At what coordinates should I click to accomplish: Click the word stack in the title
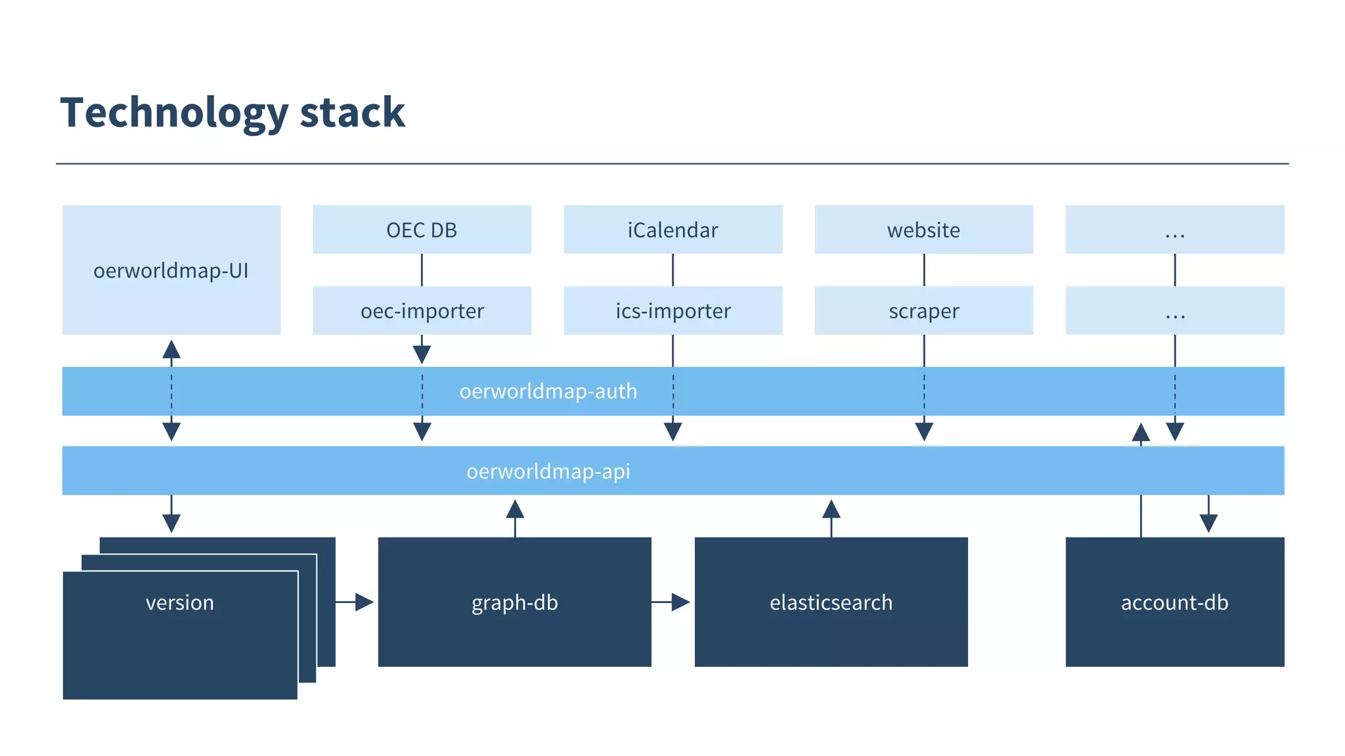pyautogui.click(x=352, y=112)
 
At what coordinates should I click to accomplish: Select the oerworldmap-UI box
pyautogui.click(x=171, y=270)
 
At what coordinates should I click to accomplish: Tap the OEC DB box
pyautogui.click(x=422, y=230)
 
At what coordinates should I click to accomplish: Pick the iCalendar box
pyautogui.click(x=672, y=230)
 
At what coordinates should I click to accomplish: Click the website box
pyautogui.click(x=923, y=230)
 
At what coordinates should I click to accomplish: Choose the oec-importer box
pyautogui.click(x=422, y=310)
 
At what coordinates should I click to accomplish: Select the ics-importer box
pyautogui.click(x=672, y=310)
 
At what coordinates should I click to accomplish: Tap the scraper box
pyautogui.click(x=923, y=310)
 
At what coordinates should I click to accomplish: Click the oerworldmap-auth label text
pyautogui.click(x=548, y=391)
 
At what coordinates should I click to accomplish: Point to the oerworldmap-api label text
pyautogui.click(x=548, y=471)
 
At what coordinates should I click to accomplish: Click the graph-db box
pyautogui.click(x=514, y=602)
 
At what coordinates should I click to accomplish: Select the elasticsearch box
pyautogui.click(x=831, y=602)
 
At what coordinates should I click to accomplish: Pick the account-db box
pyautogui.click(x=1174, y=602)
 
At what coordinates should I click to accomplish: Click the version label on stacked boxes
pyautogui.click(x=179, y=602)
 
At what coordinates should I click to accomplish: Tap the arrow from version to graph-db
pyautogui.click(x=355, y=602)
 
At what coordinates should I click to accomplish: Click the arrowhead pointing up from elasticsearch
pyautogui.click(x=831, y=509)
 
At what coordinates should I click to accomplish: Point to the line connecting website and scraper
pyautogui.click(x=924, y=270)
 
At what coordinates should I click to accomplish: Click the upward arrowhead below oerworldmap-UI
pyautogui.click(x=171, y=349)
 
